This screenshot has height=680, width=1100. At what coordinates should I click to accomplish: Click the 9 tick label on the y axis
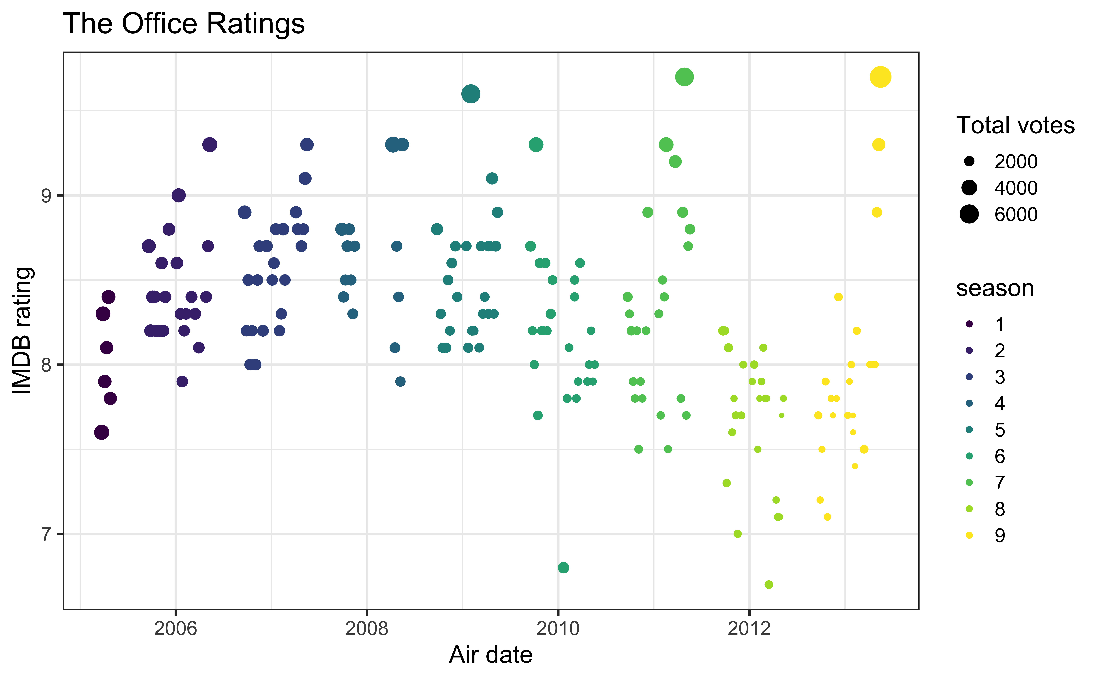(46, 196)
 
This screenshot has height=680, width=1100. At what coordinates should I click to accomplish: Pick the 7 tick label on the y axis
(46, 534)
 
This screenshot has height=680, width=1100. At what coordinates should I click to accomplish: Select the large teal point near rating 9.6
(471, 94)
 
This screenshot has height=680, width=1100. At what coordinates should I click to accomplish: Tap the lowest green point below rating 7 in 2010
(563, 568)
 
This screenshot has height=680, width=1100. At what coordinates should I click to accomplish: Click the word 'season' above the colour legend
(995, 288)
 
